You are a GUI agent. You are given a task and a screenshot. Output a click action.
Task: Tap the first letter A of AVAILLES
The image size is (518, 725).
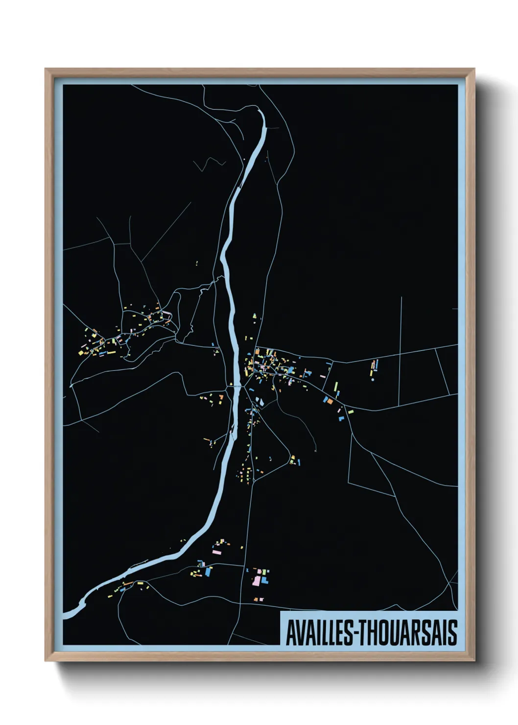[290, 633]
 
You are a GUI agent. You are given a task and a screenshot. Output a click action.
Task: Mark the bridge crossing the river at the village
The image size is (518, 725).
[235, 387]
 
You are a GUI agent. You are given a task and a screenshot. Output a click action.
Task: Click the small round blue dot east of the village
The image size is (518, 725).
[373, 379]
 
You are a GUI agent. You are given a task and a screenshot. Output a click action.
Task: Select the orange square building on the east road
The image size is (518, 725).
[330, 401]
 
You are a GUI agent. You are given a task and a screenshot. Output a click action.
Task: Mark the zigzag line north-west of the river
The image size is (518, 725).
[211, 164]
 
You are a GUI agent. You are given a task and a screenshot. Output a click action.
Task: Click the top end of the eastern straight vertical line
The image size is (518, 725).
[401, 297]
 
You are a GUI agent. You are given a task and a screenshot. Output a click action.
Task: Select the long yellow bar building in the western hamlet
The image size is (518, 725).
[111, 351]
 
